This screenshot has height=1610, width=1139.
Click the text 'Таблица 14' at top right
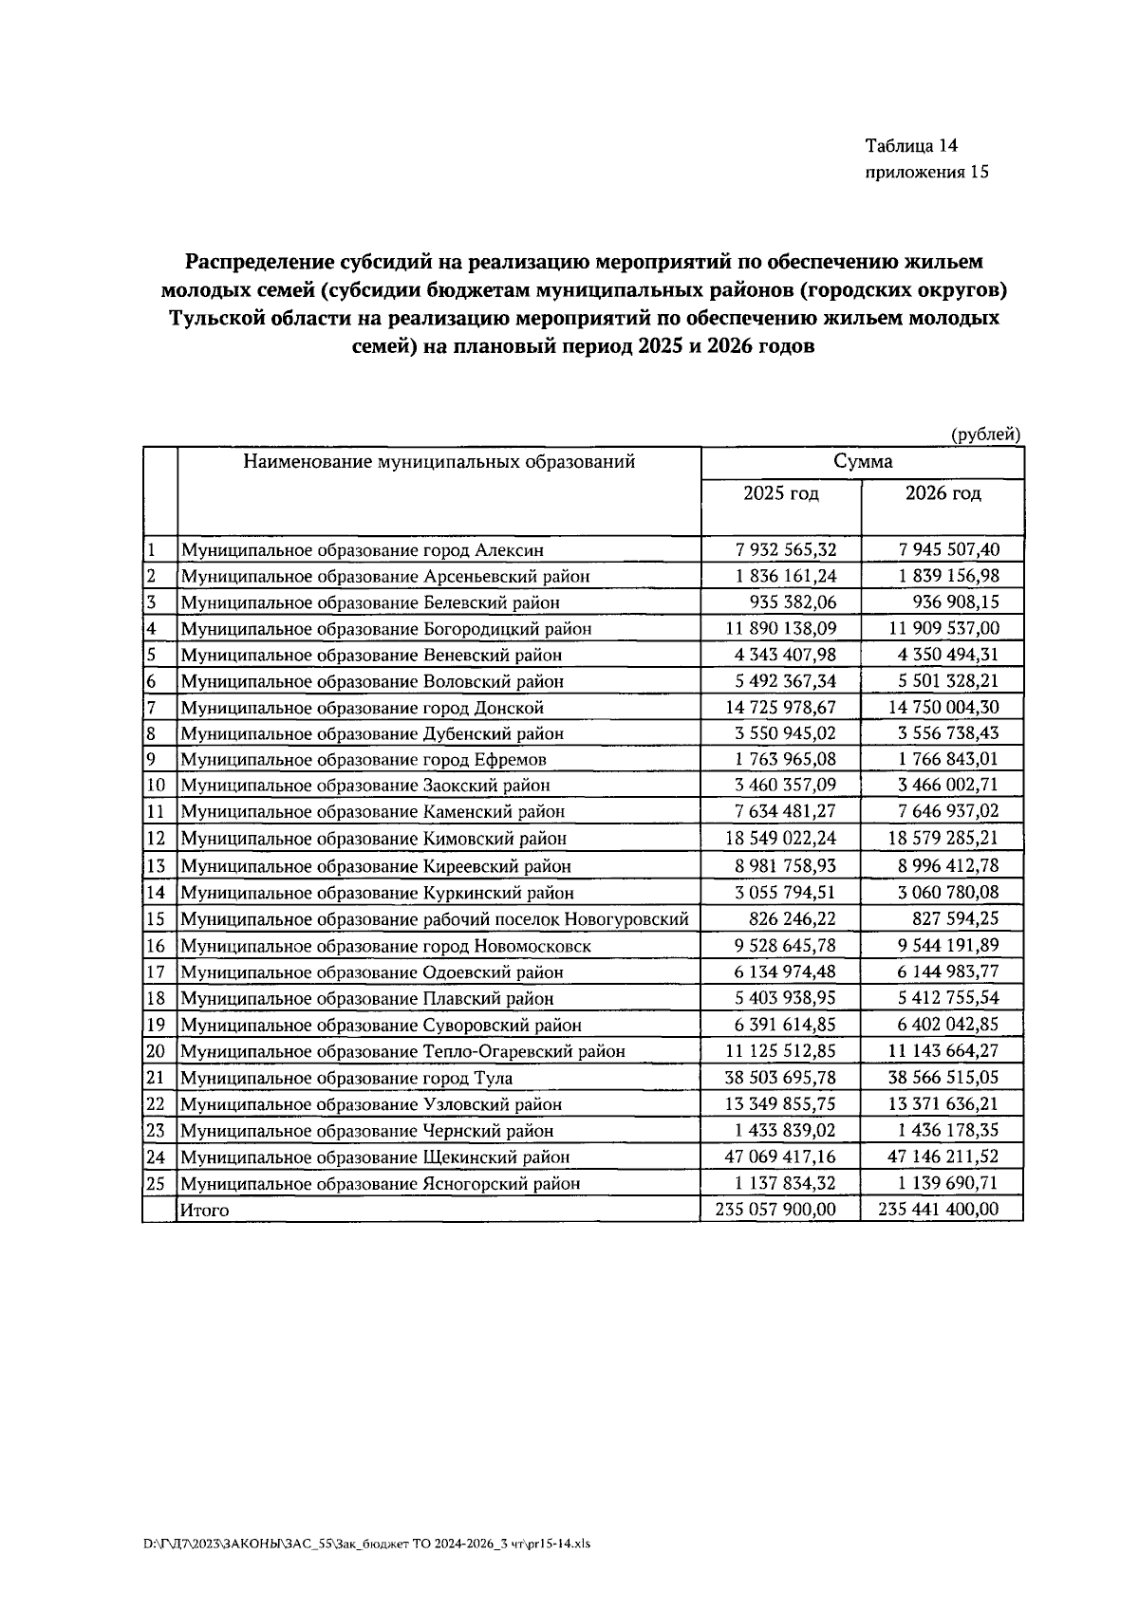pos(911,146)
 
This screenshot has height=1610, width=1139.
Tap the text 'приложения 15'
pos(927,173)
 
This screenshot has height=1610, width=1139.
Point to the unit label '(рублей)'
pos(986,435)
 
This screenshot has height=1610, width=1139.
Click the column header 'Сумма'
pos(862,462)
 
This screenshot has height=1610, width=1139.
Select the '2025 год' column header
pos(780,493)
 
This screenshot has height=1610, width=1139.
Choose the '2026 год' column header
pos(943,493)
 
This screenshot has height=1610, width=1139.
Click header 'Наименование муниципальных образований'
pos(439,462)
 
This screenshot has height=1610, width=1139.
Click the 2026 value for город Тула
pos(943,1078)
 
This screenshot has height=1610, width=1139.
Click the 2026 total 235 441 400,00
pos(941,1209)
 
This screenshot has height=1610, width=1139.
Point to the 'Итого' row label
pos(205,1211)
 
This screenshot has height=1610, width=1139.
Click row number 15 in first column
pos(156,919)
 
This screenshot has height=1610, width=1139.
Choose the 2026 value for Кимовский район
pos(943,839)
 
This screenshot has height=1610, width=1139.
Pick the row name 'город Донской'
pos(362,708)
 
